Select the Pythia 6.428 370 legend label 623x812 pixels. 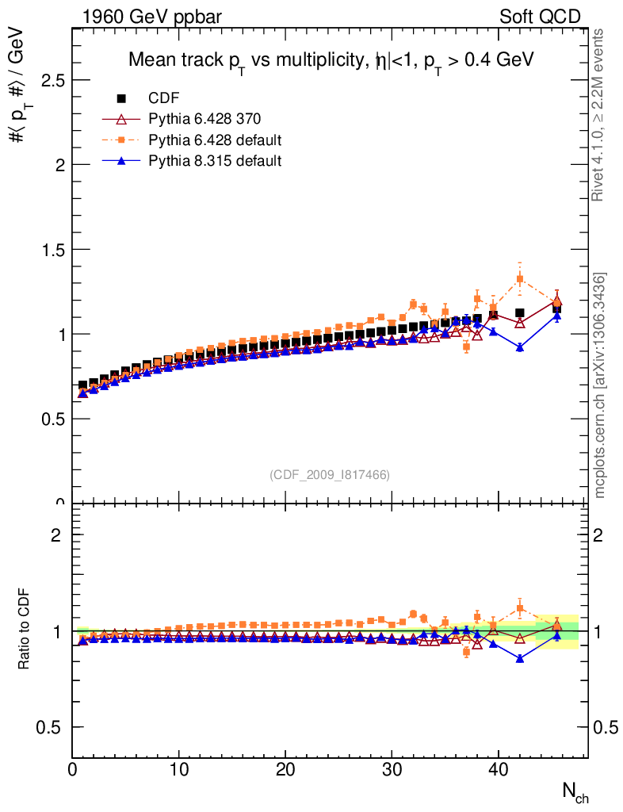coord(204,119)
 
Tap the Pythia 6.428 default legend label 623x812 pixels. coord(216,140)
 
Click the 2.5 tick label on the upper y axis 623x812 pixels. coord(48,81)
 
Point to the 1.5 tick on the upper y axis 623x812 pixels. coord(48,250)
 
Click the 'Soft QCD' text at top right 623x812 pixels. coord(540,17)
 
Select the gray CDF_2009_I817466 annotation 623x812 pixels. coord(330,475)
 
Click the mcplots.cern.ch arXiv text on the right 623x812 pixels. coord(601,385)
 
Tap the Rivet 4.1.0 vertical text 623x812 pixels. coord(599,115)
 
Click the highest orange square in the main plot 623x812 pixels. coord(520,279)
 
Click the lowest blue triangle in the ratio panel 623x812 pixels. coord(520,658)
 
